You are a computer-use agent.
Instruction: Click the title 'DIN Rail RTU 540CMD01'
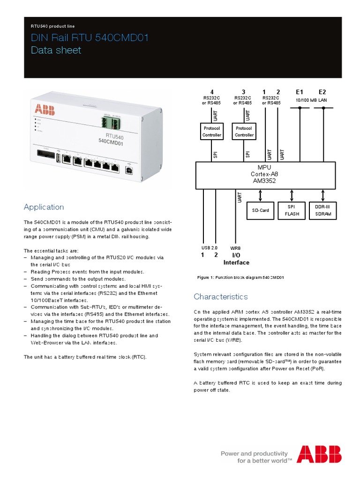point(90,38)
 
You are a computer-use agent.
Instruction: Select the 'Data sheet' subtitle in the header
point(56,50)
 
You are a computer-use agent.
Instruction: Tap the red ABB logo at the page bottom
point(319,454)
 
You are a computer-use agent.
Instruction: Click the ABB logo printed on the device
point(45,110)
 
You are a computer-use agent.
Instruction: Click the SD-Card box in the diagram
point(260,210)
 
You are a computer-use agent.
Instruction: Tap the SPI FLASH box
point(292,210)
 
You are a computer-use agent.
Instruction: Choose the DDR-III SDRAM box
point(322,210)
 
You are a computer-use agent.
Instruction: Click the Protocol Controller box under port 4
point(211,131)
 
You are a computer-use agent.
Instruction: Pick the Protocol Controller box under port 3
point(244,131)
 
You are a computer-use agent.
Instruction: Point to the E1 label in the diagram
point(300,92)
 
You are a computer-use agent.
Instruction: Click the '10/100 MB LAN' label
point(311,100)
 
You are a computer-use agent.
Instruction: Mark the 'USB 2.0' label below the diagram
point(209,247)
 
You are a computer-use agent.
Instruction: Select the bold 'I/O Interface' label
point(236,259)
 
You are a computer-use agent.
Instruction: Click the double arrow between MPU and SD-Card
point(260,195)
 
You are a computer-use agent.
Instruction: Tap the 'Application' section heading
point(44,207)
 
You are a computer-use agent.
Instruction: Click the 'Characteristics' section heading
point(220,297)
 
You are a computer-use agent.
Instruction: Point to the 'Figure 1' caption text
point(240,277)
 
